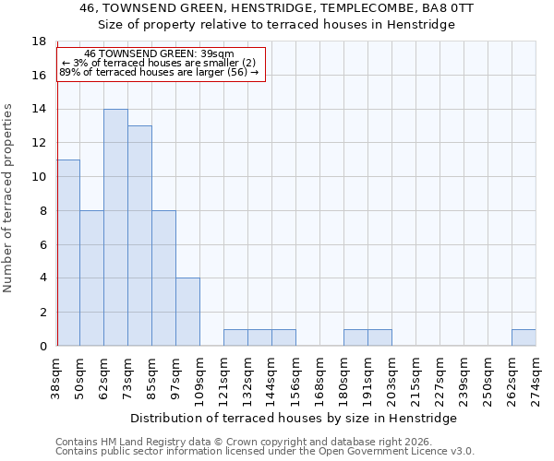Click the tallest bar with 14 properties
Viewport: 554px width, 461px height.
[x=115, y=228]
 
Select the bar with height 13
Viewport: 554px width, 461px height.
[x=139, y=236]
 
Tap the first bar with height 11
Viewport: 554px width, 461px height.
[x=68, y=253]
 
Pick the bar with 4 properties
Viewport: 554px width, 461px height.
[x=187, y=312]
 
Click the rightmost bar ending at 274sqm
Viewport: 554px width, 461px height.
[x=524, y=337]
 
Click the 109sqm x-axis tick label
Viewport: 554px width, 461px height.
[x=200, y=375]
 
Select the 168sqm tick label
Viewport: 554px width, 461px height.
[x=320, y=375]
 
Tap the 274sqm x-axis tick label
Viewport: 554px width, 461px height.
[x=536, y=375]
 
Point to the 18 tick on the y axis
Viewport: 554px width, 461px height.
[x=40, y=41]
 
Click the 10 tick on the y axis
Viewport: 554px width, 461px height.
[x=40, y=177]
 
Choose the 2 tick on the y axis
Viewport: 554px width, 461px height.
[x=42, y=313]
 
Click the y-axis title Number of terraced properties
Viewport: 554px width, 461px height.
[x=9, y=198]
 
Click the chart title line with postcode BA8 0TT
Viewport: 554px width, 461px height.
[x=277, y=8]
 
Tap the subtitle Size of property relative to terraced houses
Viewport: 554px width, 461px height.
[x=277, y=25]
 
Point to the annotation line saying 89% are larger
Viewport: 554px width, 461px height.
[x=159, y=72]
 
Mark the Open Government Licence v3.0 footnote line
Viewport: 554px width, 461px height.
[x=265, y=452]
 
